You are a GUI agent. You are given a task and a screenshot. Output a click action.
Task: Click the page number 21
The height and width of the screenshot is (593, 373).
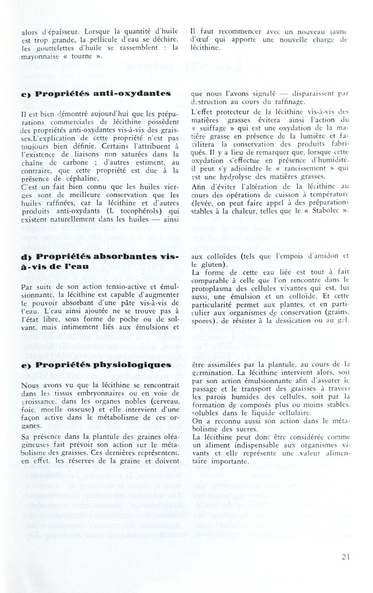pyautogui.click(x=345, y=556)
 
